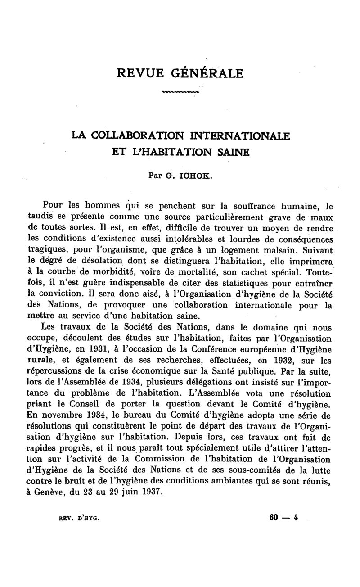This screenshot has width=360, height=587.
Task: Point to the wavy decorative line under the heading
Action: pyautogui.click(x=180, y=92)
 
